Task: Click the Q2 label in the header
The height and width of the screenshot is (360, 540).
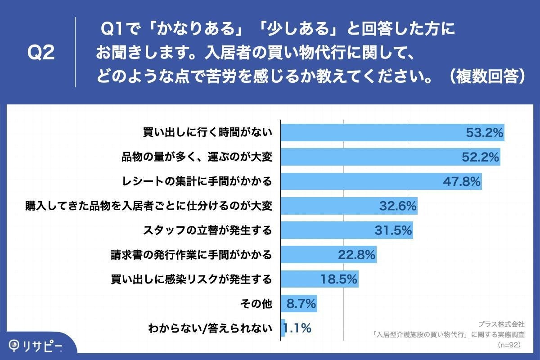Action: [41, 53]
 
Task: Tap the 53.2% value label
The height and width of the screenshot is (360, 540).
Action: [484, 133]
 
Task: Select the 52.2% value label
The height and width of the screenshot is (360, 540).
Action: [480, 157]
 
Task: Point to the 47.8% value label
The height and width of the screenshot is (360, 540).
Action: [462, 181]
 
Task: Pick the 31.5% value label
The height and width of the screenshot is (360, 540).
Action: [393, 230]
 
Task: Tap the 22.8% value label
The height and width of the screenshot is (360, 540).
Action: [357, 255]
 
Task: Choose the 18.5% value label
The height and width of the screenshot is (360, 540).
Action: [339, 279]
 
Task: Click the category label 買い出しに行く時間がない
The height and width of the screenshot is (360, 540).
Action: [207, 133]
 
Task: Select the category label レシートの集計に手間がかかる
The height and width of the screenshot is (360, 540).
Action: [197, 181]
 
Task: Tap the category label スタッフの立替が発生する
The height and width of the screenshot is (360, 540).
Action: [207, 230]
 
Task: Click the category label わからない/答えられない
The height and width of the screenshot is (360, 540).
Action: [210, 328]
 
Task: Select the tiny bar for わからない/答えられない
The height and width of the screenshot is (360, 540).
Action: [283, 328]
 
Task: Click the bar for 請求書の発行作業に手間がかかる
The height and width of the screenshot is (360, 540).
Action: [328, 255]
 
